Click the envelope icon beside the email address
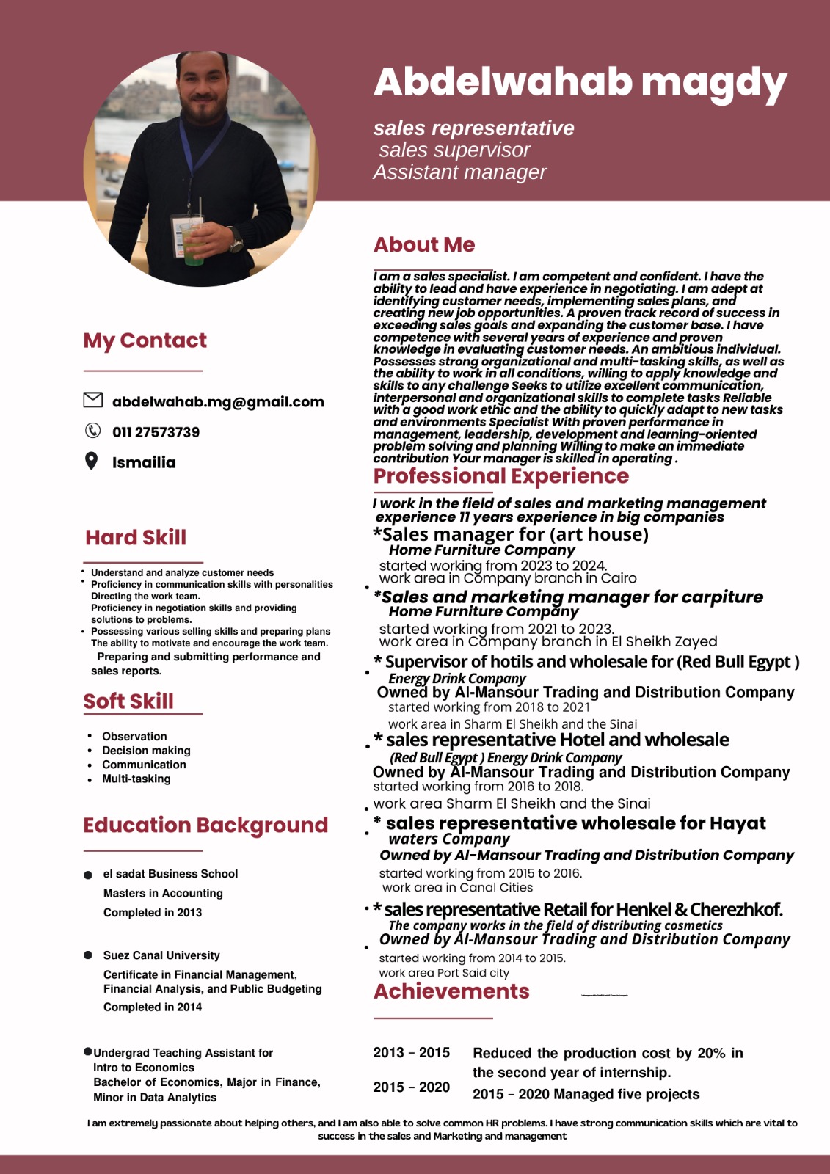click(92, 400)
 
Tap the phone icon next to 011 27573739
click(92, 431)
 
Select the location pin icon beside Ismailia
click(91, 461)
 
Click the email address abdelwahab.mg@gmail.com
click(218, 402)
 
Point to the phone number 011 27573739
click(156, 432)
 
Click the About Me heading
click(424, 245)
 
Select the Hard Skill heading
click(136, 538)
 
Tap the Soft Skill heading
click(128, 701)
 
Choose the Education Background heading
click(205, 825)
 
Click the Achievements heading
click(451, 992)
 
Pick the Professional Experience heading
click(501, 476)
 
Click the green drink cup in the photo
click(193, 246)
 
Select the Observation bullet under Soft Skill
click(134, 736)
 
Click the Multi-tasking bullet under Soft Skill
click(136, 779)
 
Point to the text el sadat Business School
click(170, 874)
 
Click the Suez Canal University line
click(161, 955)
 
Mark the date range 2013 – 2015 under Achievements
click(411, 1053)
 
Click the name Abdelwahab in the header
click(503, 81)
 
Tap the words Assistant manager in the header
click(460, 172)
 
